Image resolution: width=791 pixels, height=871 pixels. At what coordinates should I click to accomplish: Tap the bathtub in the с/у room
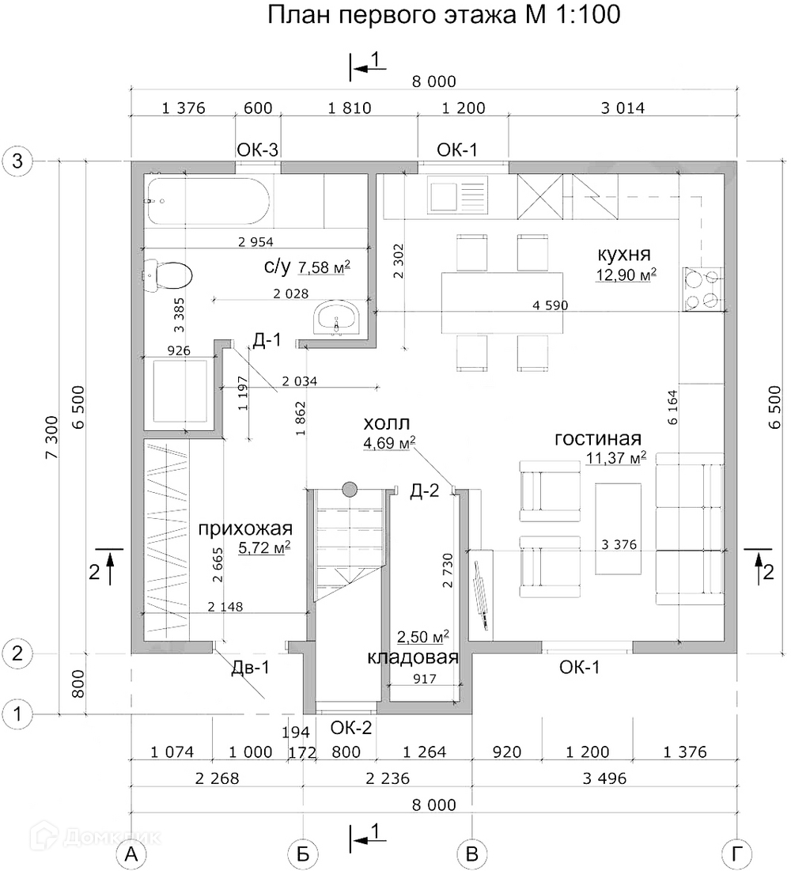(208, 201)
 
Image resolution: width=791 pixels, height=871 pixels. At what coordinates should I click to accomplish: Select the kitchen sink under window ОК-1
(456, 195)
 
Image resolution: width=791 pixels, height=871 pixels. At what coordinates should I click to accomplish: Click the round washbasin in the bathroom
(338, 319)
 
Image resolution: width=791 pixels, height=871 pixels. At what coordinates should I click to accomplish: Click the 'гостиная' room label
(597, 439)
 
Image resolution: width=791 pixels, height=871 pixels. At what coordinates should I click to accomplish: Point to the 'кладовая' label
(413, 657)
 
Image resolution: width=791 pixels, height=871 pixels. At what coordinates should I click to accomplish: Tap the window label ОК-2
(351, 727)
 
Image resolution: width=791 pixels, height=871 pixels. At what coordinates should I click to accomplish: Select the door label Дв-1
(251, 668)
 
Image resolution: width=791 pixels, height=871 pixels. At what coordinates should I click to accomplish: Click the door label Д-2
(424, 492)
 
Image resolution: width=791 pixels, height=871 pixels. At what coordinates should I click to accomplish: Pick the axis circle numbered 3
(17, 161)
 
